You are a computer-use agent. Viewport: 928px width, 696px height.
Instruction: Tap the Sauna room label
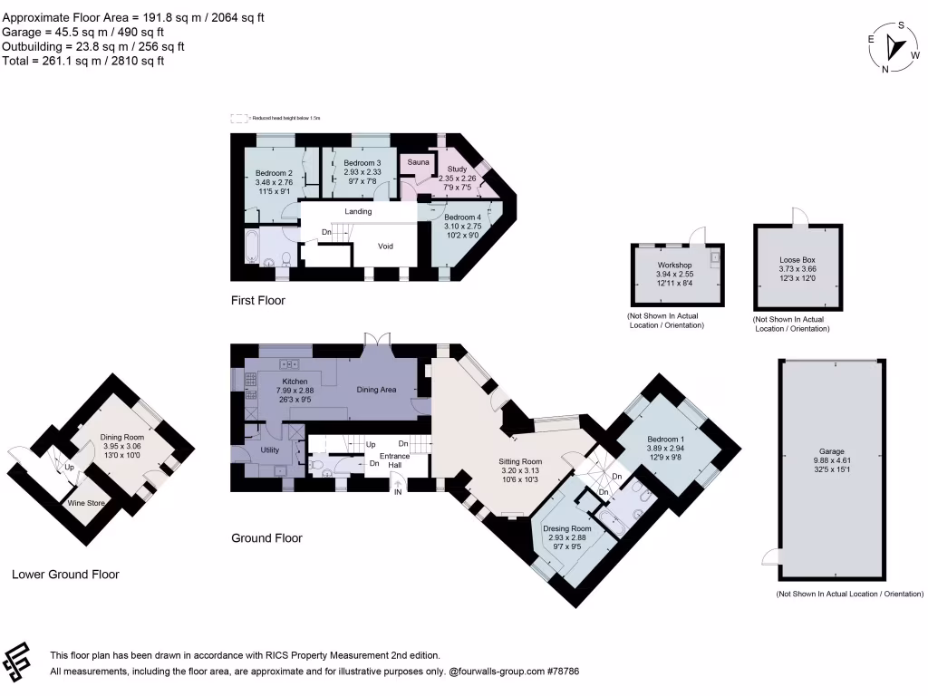[418, 162]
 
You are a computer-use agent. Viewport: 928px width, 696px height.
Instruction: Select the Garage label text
[831, 451]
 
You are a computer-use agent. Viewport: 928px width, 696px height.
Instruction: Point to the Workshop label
[674, 266]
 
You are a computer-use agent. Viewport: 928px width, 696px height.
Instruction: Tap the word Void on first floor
[385, 246]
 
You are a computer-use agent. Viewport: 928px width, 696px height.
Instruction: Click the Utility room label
[270, 449]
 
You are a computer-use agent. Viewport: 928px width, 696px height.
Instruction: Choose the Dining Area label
[375, 390]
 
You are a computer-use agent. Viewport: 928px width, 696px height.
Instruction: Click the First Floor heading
[258, 301]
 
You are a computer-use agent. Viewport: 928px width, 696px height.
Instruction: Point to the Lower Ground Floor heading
[65, 575]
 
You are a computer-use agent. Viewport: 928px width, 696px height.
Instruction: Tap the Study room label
[457, 169]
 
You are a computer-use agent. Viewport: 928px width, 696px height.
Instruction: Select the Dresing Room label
[566, 528]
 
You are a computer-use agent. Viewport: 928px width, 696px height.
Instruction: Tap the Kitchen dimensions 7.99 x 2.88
[295, 391]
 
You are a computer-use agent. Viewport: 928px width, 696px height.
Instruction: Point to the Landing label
[358, 211]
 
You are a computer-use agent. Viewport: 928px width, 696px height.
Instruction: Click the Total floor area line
[83, 61]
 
